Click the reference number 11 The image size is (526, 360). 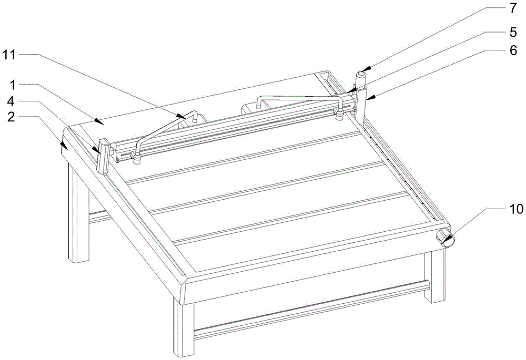tap(9, 55)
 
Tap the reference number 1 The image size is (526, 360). tap(13, 85)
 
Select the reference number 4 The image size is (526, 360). tap(11, 101)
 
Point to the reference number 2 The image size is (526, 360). tap(11, 117)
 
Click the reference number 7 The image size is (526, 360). tap(513, 8)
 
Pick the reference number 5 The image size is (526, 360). tap(513, 33)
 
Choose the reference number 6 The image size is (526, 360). tap(513, 50)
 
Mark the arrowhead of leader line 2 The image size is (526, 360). tap(64, 145)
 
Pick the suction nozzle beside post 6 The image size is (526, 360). tap(339, 114)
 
